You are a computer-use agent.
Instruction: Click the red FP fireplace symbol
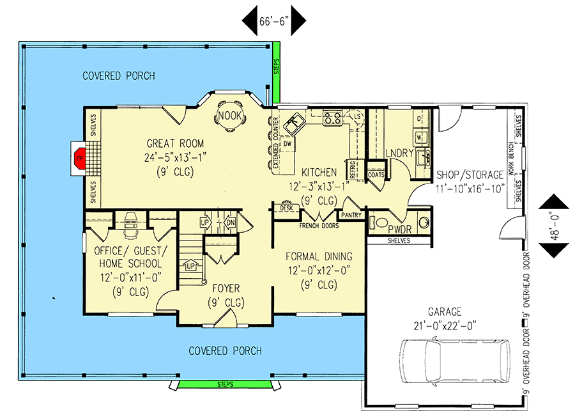tap(79, 159)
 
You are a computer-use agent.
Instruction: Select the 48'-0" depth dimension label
tap(555, 226)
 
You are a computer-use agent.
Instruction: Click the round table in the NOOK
tap(230, 116)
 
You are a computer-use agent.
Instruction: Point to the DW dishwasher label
tap(287, 143)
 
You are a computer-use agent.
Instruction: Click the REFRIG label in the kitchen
tap(353, 169)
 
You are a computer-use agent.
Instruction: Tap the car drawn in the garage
tap(455, 361)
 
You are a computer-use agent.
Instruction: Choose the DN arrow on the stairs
tap(230, 223)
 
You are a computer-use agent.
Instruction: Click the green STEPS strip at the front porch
tap(225, 384)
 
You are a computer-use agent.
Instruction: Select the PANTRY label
tap(351, 215)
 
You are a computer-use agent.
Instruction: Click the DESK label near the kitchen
tap(286, 208)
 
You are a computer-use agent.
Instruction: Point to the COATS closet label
tap(376, 175)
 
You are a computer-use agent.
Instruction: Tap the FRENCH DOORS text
tap(319, 226)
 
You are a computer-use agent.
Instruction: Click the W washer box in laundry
tap(420, 137)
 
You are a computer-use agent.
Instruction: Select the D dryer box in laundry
tap(419, 118)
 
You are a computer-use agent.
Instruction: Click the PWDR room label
tap(399, 230)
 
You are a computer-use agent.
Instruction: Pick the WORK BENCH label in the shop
tap(511, 158)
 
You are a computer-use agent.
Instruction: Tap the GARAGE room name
tap(445, 312)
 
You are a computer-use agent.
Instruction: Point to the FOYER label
tap(226, 288)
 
